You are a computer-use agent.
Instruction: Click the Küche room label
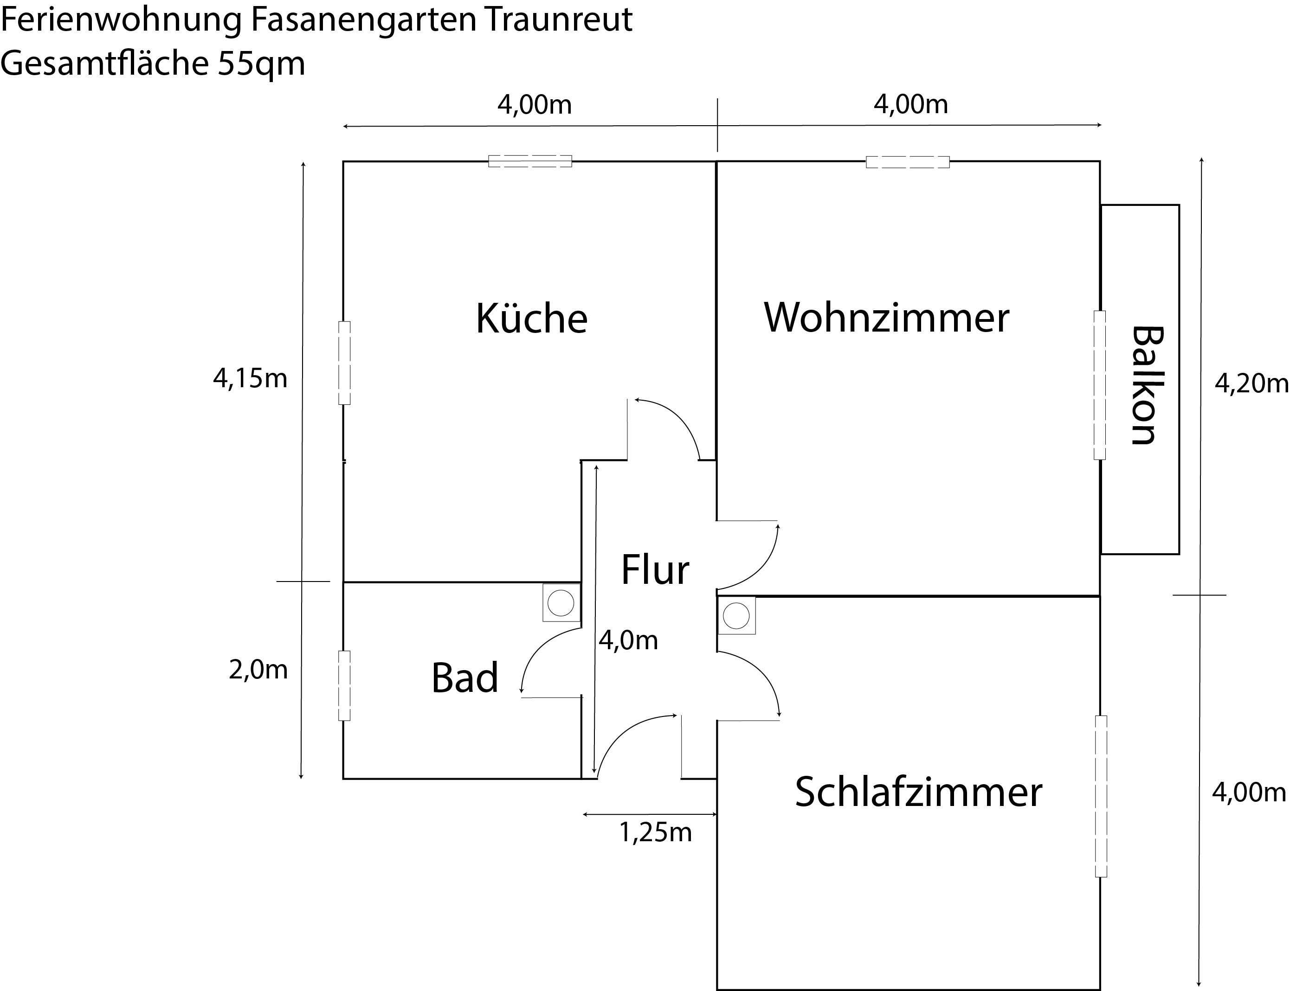(531, 319)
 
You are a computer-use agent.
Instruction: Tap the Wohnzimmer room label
(886, 317)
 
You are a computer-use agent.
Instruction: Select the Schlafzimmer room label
(918, 792)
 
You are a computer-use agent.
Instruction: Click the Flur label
(655, 570)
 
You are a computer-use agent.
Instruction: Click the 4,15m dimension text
(250, 378)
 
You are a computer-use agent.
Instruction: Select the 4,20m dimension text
(1251, 384)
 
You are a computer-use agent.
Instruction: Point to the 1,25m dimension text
(655, 832)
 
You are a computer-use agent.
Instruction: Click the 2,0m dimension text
(258, 670)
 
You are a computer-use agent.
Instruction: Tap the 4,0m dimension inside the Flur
(628, 640)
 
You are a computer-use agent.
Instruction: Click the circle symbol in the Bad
(560, 603)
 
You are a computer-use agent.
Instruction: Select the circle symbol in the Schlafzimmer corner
(736, 616)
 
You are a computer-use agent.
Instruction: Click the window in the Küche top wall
(530, 161)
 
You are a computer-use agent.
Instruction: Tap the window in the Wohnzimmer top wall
(908, 162)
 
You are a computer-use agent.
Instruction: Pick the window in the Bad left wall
(344, 685)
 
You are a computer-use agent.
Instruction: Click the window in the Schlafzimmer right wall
(1101, 796)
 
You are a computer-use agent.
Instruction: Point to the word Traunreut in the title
(560, 20)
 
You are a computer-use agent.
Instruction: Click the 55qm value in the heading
(261, 63)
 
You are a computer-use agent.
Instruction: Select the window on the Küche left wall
(344, 363)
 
